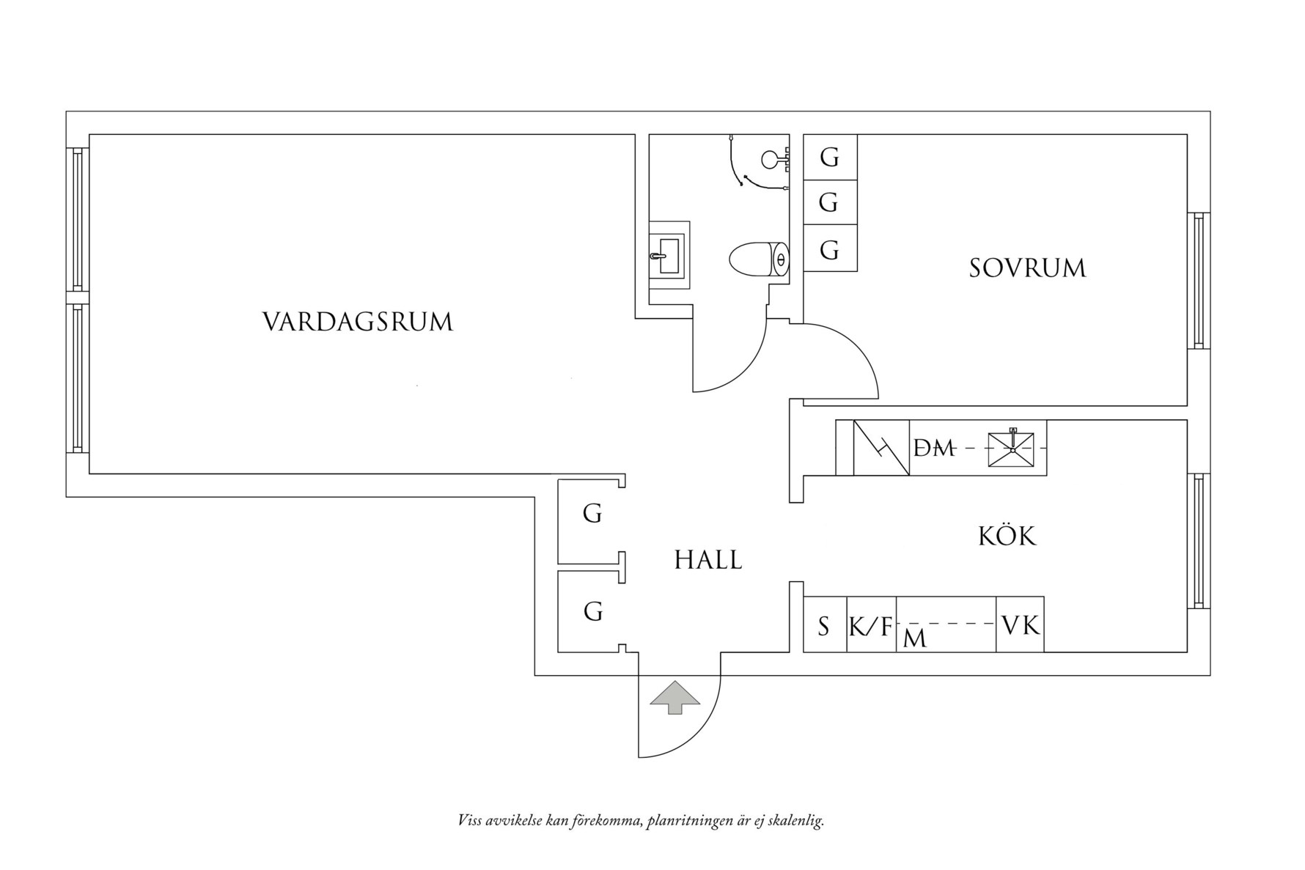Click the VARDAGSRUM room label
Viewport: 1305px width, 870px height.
tap(358, 322)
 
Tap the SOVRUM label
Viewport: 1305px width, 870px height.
tap(1027, 268)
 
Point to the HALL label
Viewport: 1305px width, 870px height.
tap(708, 560)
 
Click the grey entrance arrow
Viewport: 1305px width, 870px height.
tap(675, 698)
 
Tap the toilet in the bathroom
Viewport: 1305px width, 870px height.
tap(759, 259)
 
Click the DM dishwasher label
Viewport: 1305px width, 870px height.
tap(934, 448)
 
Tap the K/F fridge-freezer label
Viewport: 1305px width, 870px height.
tap(871, 627)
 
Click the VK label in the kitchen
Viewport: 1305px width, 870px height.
tap(1021, 625)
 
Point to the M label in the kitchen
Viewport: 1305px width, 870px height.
tap(916, 639)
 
